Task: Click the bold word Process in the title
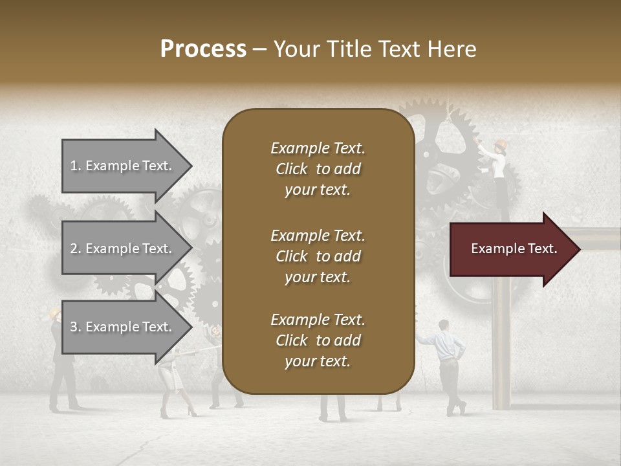[x=203, y=49]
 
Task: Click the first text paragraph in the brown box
[x=318, y=169]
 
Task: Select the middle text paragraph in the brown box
[x=318, y=256]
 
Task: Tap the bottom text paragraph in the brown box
[x=318, y=340]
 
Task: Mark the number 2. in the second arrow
[x=76, y=249]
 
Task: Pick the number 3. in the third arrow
[x=76, y=327]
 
